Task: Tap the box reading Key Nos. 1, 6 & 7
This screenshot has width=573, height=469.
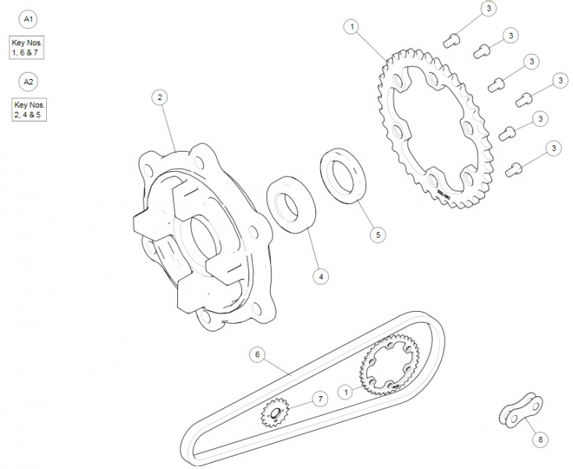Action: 28,48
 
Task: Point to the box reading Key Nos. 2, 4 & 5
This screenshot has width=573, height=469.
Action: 30,110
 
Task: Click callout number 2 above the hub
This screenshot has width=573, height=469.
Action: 159,98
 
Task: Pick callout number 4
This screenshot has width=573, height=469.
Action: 321,275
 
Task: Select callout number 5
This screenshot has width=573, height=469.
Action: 376,234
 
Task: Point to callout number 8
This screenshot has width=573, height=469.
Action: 539,440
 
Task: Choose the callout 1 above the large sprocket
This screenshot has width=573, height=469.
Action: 353,27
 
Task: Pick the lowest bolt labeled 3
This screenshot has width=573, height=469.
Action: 514,166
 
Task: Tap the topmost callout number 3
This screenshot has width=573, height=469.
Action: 488,9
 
